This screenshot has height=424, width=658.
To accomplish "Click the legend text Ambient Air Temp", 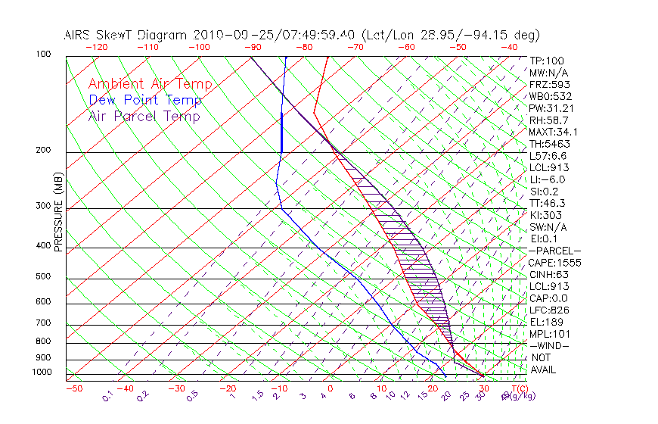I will pyautogui.click(x=150, y=84).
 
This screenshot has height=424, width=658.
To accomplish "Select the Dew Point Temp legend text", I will pyautogui.click(x=144, y=100).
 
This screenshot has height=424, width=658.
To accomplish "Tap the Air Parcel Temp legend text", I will pyautogui.click(x=144, y=116).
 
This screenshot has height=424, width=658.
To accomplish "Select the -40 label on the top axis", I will pyautogui.click(x=509, y=47).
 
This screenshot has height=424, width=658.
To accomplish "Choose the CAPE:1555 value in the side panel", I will pyautogui.click(x=554, y=263).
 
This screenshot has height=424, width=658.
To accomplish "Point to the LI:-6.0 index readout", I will pyautogui.click(x=547, y=179).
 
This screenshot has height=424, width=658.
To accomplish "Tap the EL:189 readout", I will pyautogui.click(x=546, y=322).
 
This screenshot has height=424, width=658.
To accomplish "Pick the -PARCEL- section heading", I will pyautogui.click(x=554, y=251).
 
